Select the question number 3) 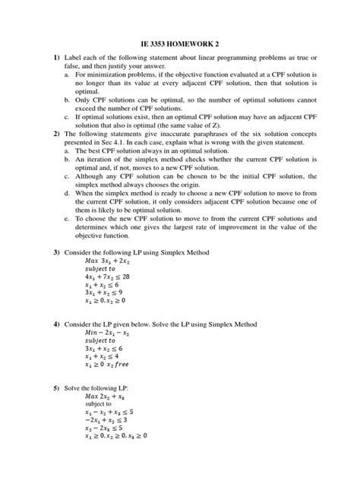click(x=56, y=251)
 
